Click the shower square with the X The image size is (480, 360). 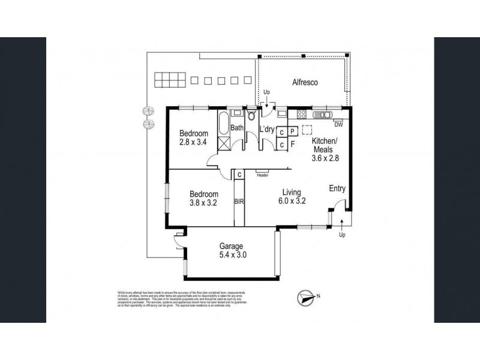tap(223, 143)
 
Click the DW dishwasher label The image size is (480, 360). tap(338, 125)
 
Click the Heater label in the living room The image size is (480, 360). tap(262, 176)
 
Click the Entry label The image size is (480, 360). tap(337, 188)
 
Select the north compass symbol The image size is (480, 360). tap(307, 296)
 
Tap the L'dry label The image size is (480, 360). tap(266, 129)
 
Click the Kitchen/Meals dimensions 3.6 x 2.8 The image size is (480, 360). tap(324, 159)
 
